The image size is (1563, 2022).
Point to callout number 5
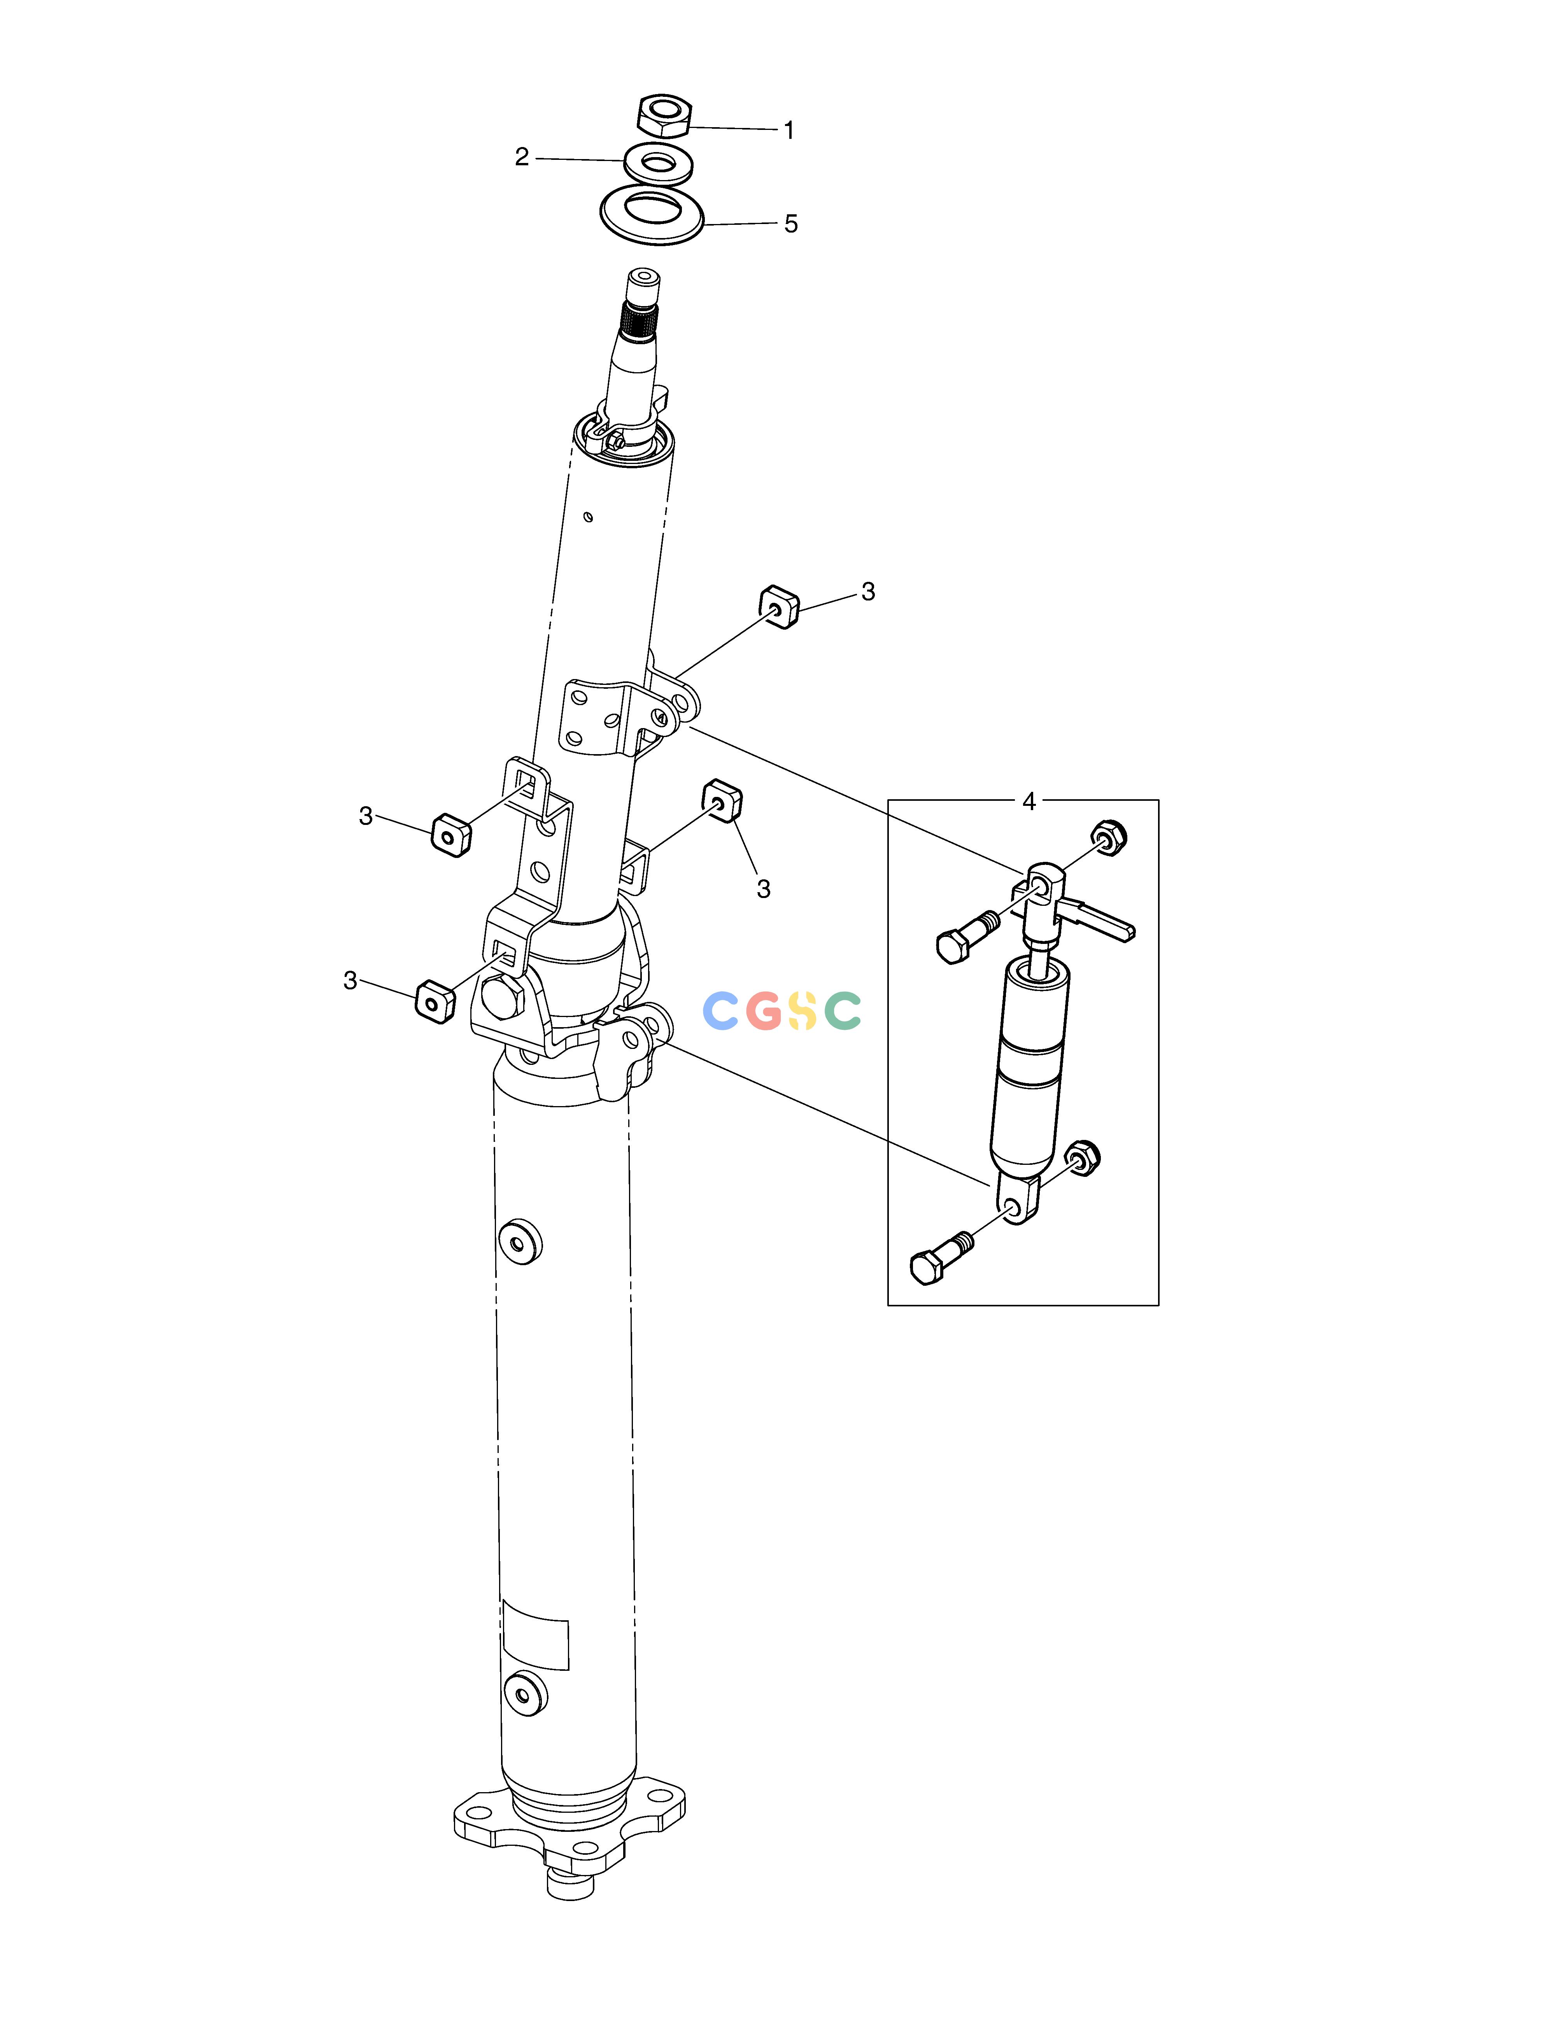[791, 224]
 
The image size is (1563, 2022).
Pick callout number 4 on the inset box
[1029, 802]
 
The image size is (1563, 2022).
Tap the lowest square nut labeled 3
[434, 1001]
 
